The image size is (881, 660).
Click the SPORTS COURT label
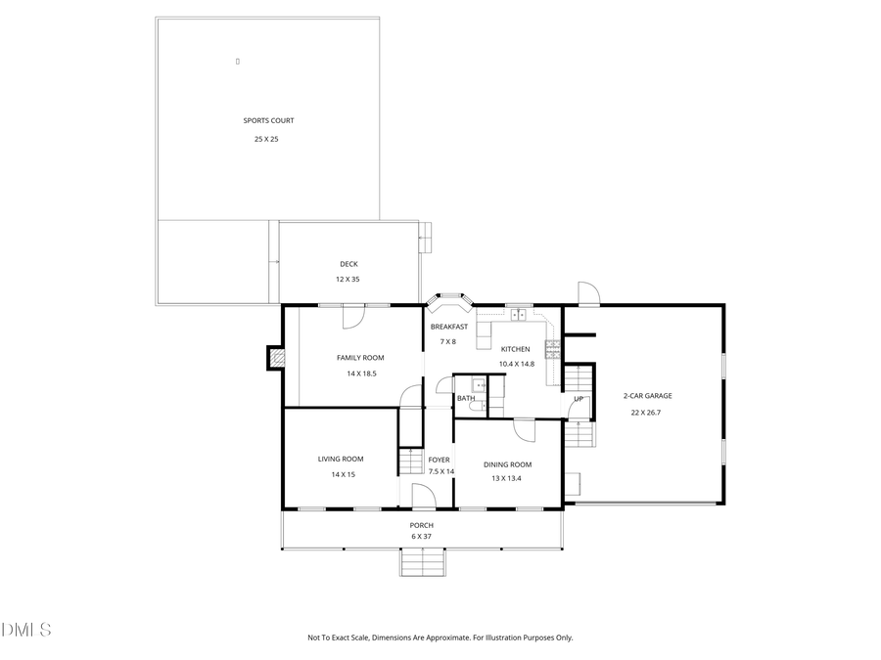268,121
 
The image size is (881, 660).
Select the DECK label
348,264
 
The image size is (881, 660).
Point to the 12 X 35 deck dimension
348,280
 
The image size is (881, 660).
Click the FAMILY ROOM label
360,358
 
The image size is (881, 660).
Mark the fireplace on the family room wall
276,359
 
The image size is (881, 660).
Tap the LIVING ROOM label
341,459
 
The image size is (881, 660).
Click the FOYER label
439,460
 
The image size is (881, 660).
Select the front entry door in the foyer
424,496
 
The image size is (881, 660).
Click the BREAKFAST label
448,327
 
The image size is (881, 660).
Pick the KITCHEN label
516,349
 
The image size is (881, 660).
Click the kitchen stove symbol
552,347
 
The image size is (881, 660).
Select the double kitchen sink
519,315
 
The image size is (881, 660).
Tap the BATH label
466,398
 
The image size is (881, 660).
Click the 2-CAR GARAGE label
648,396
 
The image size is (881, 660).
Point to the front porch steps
423,562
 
